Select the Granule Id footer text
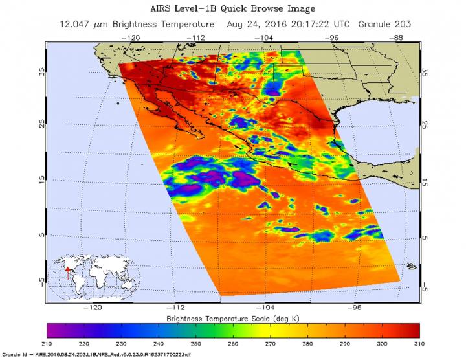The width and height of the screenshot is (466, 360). pyautogui.click(x=97, y=356)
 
